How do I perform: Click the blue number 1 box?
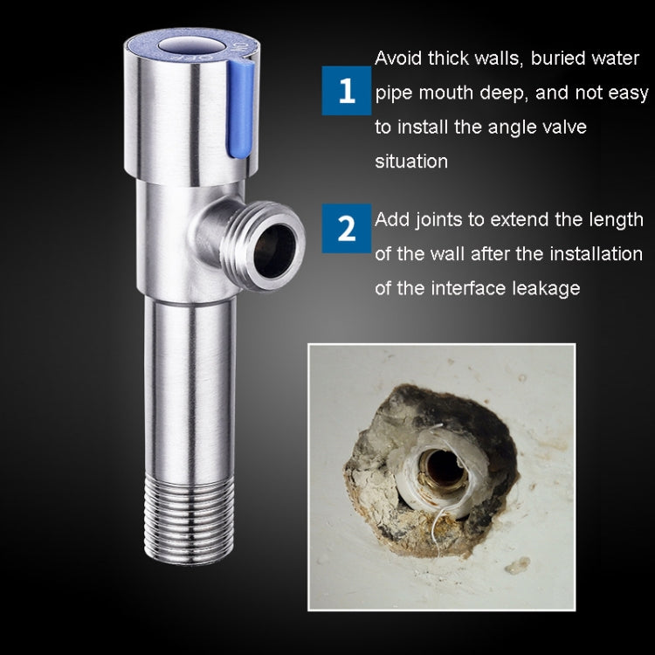pos(347,91)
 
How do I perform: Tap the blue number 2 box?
pos(347,228)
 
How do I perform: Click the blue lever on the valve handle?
pos(240,108)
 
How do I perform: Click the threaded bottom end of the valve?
pos(190,521)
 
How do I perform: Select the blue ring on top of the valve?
pos(192,48)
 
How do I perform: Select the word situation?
pos(411,162)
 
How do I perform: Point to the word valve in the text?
pos(564,127)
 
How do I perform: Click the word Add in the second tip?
pos(392,220)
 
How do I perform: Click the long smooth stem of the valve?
pos(190,390)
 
